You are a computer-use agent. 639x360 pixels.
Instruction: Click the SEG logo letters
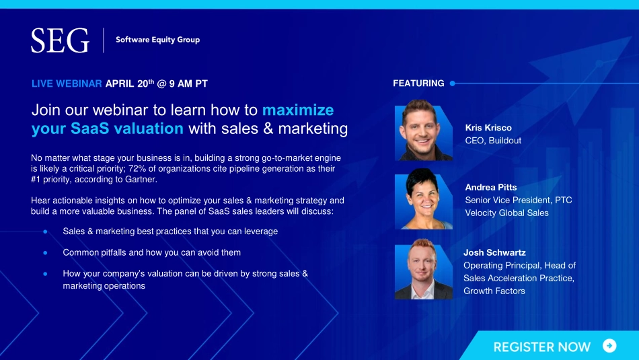(x=60, y=40)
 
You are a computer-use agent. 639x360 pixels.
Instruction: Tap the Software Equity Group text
(x=157, y=40)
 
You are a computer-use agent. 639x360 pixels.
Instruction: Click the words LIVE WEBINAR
(x=67, y=83)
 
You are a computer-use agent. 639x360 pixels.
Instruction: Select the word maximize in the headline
(x=298, y=110)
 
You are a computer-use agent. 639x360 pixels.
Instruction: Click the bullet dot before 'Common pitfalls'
(x=45, y=253)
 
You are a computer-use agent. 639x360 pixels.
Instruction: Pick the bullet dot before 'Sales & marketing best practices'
(x=45, y=231)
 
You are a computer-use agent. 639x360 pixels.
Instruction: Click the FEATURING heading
(x=418, y=83)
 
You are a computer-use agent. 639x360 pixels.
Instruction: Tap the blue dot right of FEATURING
(x=453, y=83)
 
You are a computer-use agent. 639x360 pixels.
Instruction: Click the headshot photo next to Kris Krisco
(x=423, y=130)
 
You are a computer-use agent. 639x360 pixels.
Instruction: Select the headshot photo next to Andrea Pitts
(x=423, y=199)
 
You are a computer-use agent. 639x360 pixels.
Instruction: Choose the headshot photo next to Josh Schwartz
(x=423, y=269)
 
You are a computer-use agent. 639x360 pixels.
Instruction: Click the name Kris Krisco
(x=488, y=128)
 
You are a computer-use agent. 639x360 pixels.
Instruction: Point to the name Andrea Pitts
(x=490, y=187)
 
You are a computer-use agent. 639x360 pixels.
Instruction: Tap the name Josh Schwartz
(x=494, y=252)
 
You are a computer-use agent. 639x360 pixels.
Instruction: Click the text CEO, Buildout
(x=493, y=141)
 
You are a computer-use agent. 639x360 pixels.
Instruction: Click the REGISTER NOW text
(x=541, y=347)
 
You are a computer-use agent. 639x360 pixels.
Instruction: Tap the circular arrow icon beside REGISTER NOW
(x=609, y=346)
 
